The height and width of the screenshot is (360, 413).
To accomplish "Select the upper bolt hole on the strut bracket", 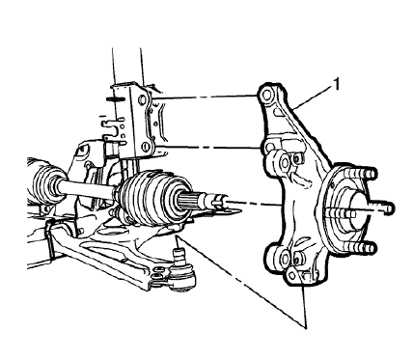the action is [x=141, y=100].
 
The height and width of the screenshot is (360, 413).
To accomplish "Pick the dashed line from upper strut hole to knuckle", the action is [x=203, y=97].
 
